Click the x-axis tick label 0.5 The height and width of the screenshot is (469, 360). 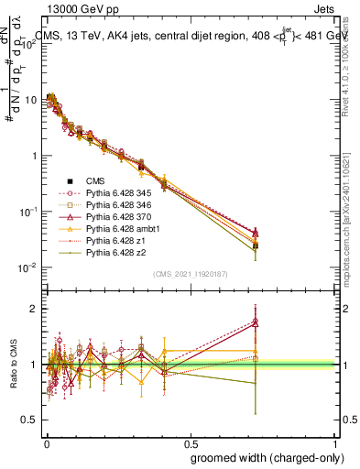point(191,441)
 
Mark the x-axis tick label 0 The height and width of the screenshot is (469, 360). point(46,441)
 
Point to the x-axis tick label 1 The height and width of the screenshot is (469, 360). point(337,441)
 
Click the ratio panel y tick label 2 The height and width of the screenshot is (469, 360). point(35,309)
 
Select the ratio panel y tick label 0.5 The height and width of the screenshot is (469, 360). point(31,420)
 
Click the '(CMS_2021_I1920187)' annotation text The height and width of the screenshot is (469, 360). point(191,274)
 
